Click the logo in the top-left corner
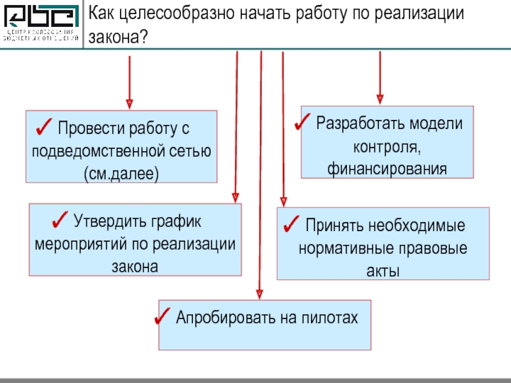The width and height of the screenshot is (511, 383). [x=42, y=24]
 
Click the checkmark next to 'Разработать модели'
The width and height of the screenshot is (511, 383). [x=304, y=122]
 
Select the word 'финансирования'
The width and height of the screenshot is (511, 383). [x=386, y=169]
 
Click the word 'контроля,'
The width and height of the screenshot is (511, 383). [x=386, y=147]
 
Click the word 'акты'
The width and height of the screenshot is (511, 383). [x=383, y=271]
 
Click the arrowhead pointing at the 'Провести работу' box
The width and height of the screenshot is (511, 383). [x=130, y=103]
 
